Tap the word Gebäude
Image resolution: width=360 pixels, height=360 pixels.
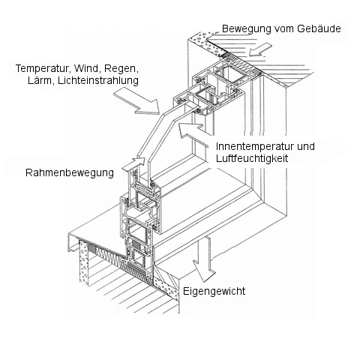click(319, 28)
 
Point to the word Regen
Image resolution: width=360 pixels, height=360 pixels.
click(121, 69)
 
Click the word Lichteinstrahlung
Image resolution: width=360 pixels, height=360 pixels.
click(98, 81)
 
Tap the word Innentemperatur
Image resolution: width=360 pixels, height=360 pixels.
click(254, 146)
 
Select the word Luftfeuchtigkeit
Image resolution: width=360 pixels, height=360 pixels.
click(252, 158)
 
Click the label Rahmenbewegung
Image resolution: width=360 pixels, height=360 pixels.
click(70, 173)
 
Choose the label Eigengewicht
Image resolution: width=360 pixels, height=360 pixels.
click(214, 291)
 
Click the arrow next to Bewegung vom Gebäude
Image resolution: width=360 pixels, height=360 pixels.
click(260, 49)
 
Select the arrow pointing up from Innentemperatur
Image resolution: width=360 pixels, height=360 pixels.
click(193, 133)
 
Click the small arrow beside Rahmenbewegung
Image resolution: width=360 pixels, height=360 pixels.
click(133, 165)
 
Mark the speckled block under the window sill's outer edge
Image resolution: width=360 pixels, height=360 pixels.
click(83, 262)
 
